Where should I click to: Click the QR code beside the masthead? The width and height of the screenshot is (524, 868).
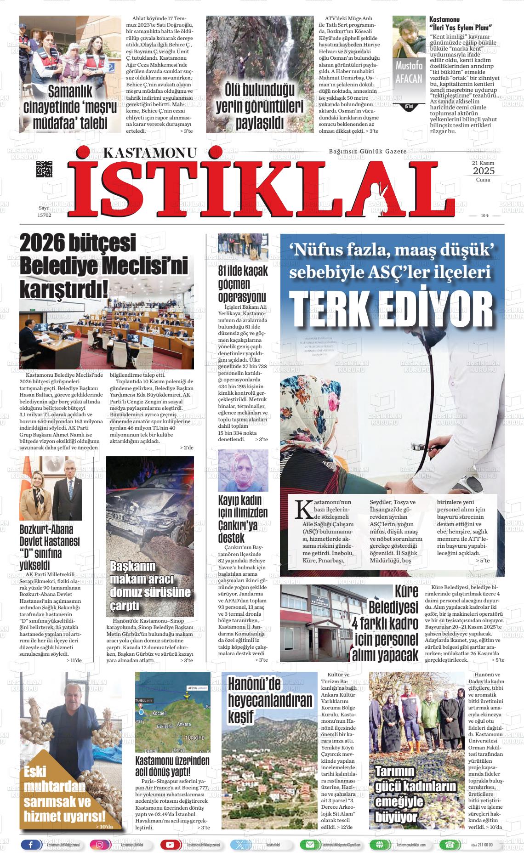pyautogui.click(x=44, y=170)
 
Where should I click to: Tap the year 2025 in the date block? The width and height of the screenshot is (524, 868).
pyautogui.click(x=483, y=171)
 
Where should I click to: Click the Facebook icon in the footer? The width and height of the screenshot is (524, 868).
pyautogui.click(x=31, y=845)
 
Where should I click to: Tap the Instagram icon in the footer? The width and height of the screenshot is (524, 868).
pyautogui.click(x=100, y=845)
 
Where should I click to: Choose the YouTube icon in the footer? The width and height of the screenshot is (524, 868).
pyautogui.click(x=170, y=845)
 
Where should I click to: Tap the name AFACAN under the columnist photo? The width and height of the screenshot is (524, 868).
pyautogui.click(x=408, y=78)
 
